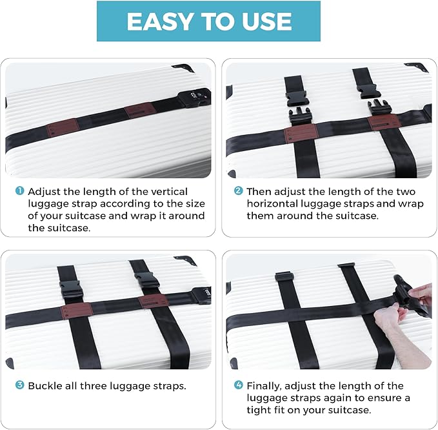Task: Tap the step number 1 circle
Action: tap(20, 192)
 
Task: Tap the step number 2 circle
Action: tap(238, 192)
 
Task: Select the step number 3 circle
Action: tap(20, 385)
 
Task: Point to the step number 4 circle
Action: tap(238, 385)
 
